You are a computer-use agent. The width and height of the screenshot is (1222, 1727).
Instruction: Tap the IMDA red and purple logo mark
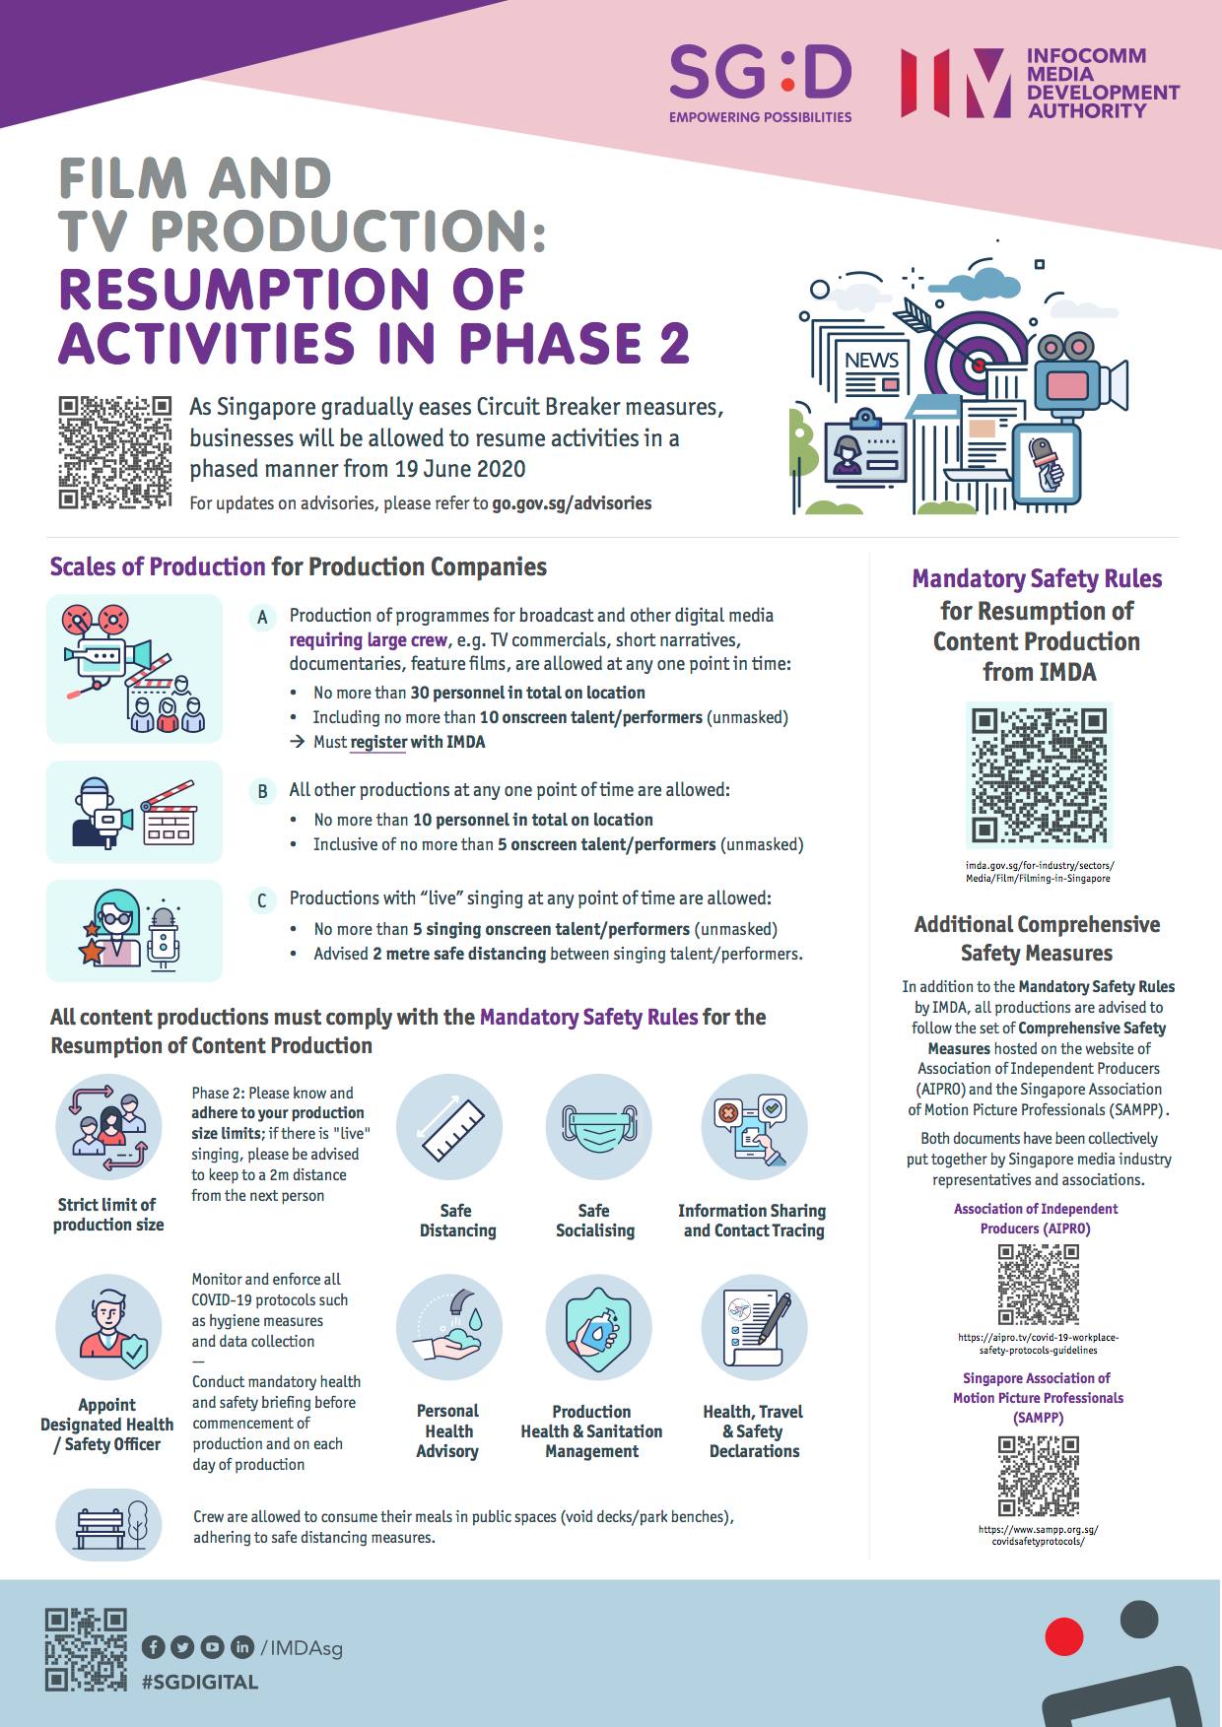(955, 83)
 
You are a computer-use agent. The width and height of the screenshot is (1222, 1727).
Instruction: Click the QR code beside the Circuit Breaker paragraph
(114, 452)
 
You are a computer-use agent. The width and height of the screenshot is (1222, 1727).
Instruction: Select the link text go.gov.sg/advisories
(572, 503)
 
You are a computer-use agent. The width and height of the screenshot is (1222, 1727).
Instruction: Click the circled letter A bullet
(262, 618)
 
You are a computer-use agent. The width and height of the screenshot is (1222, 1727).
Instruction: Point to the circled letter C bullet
(262, 900)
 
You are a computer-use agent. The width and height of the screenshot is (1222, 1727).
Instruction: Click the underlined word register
(378, 743)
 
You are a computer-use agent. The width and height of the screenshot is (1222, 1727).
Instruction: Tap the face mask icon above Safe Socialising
(594, 1127)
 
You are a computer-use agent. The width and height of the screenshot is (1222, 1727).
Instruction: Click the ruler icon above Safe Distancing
(448, 1127)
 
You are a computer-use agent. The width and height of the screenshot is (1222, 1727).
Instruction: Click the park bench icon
(108, 1525)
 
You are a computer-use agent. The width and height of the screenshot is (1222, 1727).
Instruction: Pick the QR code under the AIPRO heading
(1038, 1284)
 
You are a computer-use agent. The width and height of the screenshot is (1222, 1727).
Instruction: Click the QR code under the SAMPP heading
(1038, 1476)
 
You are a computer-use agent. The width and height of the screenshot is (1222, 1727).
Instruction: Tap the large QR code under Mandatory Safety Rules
(1039, 775)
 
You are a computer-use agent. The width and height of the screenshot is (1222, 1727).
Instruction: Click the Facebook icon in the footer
(153, 1646)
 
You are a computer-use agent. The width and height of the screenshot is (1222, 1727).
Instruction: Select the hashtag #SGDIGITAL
(200, 1682)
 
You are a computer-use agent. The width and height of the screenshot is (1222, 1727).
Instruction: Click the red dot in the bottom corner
(1063, 1636)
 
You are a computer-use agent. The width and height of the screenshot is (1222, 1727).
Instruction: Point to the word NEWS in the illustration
(871, 361)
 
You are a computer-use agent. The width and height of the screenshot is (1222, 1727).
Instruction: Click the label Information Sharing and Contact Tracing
(753, 1221)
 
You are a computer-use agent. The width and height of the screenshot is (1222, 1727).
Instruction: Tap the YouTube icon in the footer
(212, 1646)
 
